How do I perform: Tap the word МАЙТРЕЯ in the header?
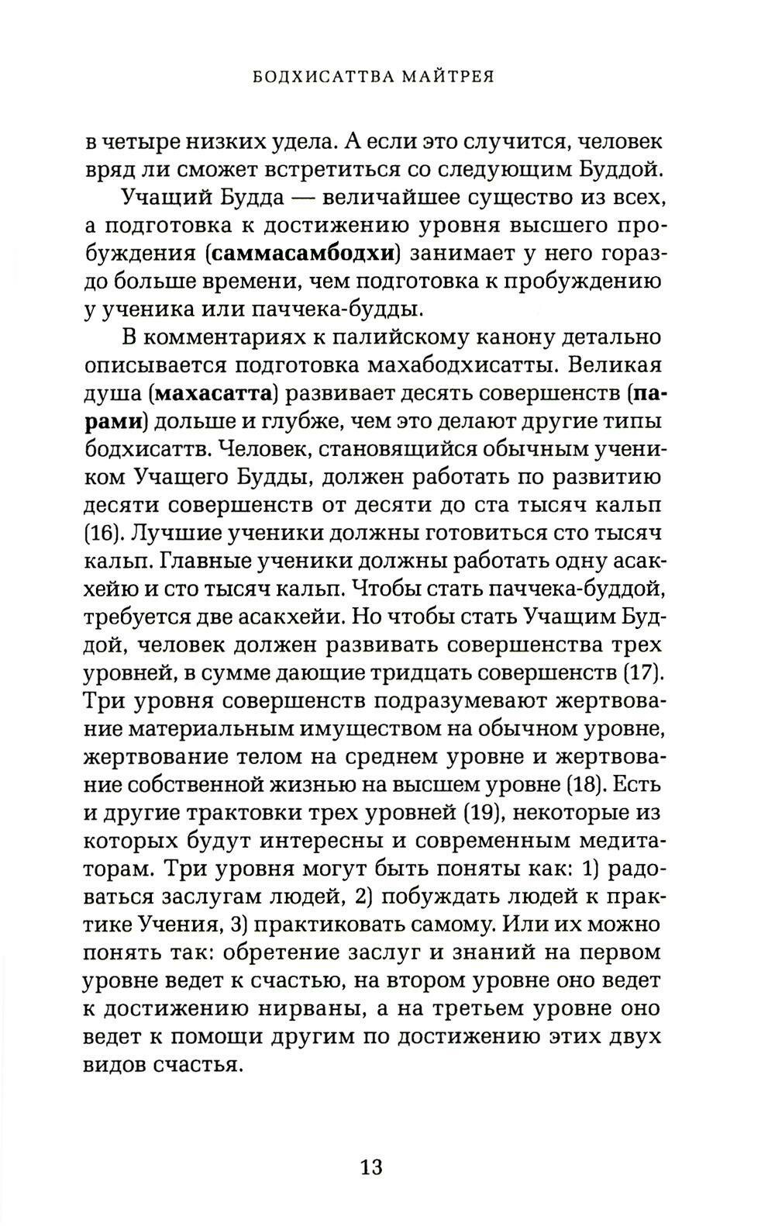pos(445,77)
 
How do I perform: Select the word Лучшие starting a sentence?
pos(177,533)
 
